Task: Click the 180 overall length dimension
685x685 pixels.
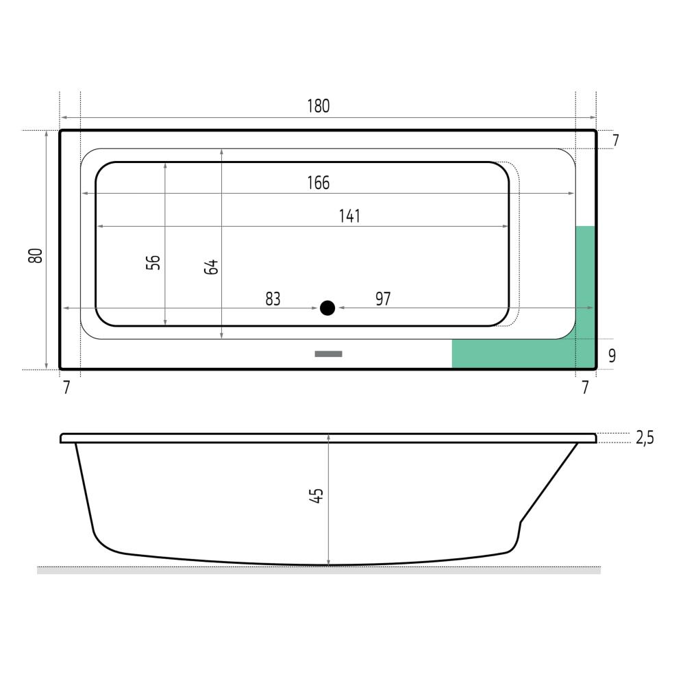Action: pyautogui.click(x=318, y=106)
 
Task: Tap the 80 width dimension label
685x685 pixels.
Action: pyautogui.click(x=36, y=256)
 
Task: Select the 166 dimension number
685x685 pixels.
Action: pyautogui.click(x=318, y=183)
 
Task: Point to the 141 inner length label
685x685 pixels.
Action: pyautogui.click(x=349, y=216)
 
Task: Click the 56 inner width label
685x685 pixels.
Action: pyautogui.click(x=153, y=262)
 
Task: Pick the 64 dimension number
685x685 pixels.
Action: pyautogui.click(x=211, y=266)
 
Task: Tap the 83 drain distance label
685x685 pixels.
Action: pyautogui.click(x=273, y=299)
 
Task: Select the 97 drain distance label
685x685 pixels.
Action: pyautogui.click(x=383, y=299)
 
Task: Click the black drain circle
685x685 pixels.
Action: pyautogui.click(x=327, y=308)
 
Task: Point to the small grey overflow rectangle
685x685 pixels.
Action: pyautogui.click(x=329, y=354)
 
